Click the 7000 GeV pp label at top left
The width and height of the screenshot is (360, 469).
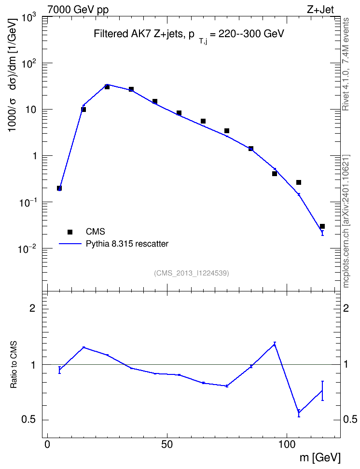point(78,10)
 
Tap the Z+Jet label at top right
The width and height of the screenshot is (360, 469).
point(320,10)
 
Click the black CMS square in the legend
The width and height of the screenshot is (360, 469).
point(70,232)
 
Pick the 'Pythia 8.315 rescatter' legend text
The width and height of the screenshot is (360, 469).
point(127,244)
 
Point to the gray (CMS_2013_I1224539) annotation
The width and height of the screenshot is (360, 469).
point(192,273)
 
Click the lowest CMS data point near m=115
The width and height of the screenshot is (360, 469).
point(322,226)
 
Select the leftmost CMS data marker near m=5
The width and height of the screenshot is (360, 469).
point(59,188)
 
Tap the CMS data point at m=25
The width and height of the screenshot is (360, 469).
point(107,87)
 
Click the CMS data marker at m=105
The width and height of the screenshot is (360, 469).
point(299,182)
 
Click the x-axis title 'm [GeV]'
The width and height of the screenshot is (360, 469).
point(320,457)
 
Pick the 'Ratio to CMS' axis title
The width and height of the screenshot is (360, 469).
point(14,364)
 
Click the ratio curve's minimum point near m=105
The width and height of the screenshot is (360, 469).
point(299,413)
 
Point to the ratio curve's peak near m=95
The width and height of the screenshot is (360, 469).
point(275,345)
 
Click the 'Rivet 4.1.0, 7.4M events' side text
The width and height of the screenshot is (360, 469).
point(346,64)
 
